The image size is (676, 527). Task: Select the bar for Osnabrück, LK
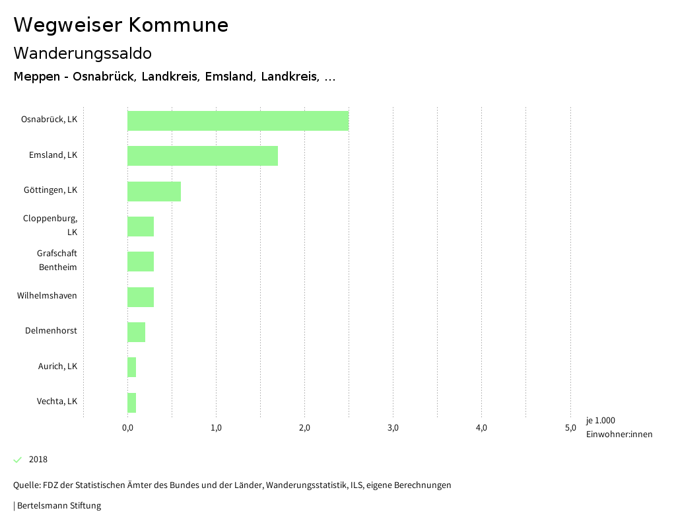click(x=238, y=121)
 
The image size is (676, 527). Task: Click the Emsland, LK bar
click(x=203, y=156)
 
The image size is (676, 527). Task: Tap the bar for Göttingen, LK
click(x=154, y=192)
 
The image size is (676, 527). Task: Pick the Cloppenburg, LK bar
click(x=141, y=227)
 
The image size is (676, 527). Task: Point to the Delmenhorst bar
click(x=136, y=332)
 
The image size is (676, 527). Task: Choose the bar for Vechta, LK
click(x=132, y=403)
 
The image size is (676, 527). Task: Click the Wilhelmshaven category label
click(x=47, y=296)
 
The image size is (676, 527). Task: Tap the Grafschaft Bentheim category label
click(x=57, y=260)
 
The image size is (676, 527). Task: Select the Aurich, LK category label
click(x=57, y=366)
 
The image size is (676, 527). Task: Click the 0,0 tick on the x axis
click(x=128, y=428)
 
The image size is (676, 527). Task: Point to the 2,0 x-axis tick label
click(x=304, y=428)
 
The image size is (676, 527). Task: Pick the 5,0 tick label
click(x=570, y=428)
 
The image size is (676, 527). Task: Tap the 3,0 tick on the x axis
click(x=393, y=428)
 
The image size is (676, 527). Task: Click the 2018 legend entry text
click(x=38, y=460)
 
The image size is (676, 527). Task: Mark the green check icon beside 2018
click(x=18, y=460)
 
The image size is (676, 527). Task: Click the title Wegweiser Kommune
click(x=121, y=25)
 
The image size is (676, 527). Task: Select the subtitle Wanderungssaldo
click(x=83, y=53)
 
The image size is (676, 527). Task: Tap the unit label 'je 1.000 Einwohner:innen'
click(x=619, y=427)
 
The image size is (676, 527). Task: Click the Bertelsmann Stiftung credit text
click(x=59, y=506)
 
